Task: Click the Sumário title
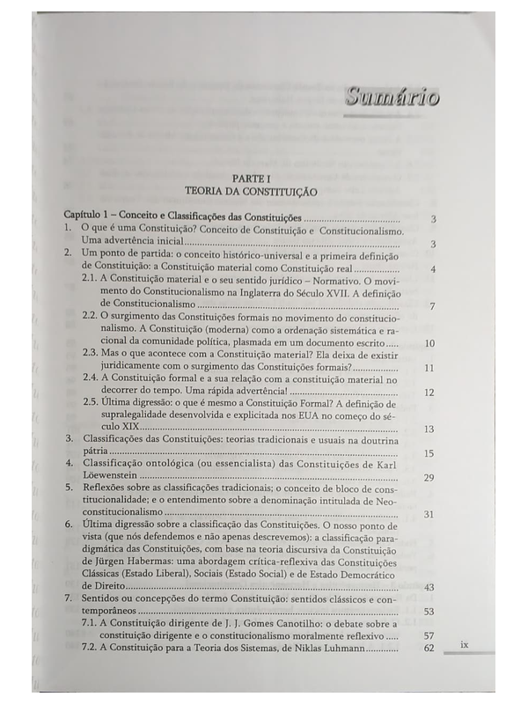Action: (x=392, y=96)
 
